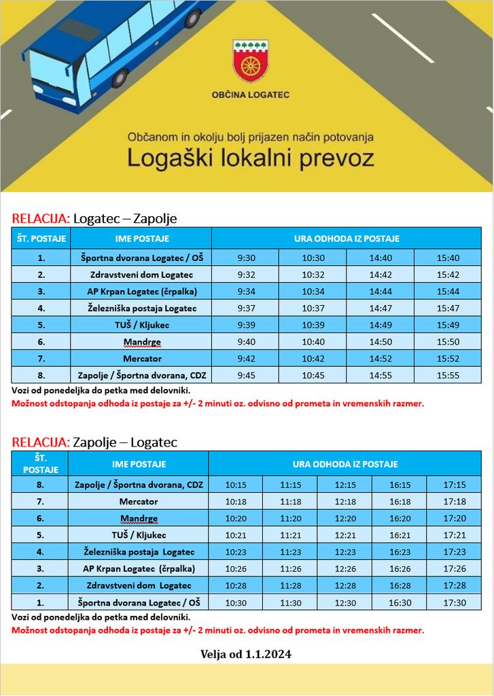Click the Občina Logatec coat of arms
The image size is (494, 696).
(x=250, y=60)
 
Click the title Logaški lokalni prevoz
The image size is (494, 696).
(x=251, y=158)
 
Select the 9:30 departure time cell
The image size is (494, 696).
(x=245, y=258)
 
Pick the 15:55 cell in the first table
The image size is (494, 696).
(x=448, y=375)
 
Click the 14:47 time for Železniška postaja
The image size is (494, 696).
(x=380, y=308)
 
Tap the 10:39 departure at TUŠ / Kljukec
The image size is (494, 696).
(x=313, y=325)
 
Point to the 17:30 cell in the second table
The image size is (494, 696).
(x=454, y=602)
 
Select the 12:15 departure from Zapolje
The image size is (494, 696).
(x=345, y=485)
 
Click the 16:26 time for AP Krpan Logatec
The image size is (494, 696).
(x=400, y=568)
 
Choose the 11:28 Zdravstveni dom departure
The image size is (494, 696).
(x=289, y=585)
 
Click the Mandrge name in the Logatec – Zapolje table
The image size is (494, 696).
(x=141, y=342)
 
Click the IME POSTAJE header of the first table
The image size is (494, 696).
(x=141, y=239)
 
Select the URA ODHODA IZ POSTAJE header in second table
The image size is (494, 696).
(x=345, y=464)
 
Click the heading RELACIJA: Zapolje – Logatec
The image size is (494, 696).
(x=94, y=442)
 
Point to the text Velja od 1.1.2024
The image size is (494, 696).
(x=246, y=655)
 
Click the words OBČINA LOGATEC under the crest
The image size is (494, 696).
(x=250, y=94)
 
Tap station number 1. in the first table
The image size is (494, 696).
(x=41, y=258)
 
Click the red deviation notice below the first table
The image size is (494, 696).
(x=217, y=403)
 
